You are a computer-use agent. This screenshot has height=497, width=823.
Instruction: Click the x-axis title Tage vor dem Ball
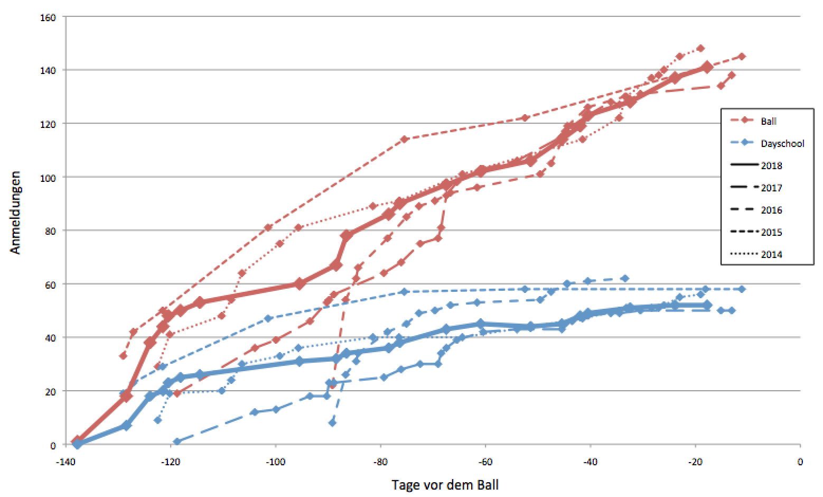pyautogui.click(x=445, y=484)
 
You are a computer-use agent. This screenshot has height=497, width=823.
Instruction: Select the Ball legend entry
pyautogui.click(x=769, y=121)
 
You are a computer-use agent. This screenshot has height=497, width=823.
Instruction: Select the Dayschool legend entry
pyautogui.click(x=782, y=143)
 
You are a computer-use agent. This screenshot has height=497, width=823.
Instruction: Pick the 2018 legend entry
pyautogui.click(x=771, y=165)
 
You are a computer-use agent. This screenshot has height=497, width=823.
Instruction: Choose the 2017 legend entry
pyautogui.click(x=771, y=188)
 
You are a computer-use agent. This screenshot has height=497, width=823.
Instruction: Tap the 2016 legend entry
pyautogui.click(x=771, y=210)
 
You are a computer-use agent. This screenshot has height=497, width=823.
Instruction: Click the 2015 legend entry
pyautogui.click(x=771, y=232)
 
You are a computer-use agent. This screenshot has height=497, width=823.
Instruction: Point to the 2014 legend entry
pyautogui.click(x=771, y=254)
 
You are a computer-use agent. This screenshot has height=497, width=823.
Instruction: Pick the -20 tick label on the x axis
pyautogui.click(x=695, y=462)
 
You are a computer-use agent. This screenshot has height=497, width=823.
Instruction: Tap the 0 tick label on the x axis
pyautogui.click(x=800, y=462)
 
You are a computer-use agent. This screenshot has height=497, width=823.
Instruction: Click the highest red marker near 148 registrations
pyautogui.click(x=700, y=48)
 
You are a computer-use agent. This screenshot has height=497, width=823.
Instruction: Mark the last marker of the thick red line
pyautogui.click(x=707, y=67)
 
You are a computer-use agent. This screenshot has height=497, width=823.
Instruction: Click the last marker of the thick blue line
pyautogui.click(x=707, y=305)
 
